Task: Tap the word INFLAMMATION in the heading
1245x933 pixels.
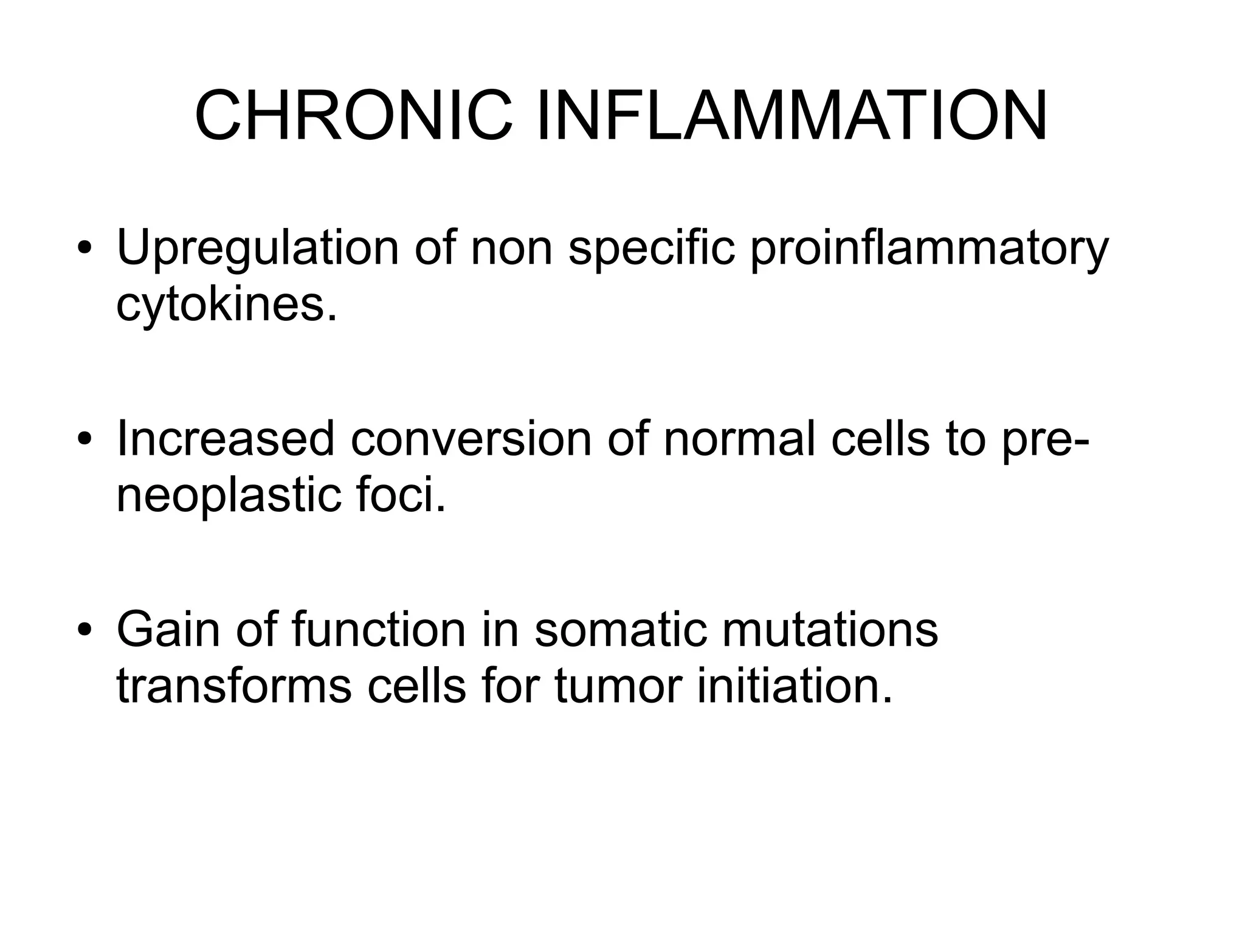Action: tap(792, 115)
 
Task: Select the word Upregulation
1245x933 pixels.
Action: tap(258, 250)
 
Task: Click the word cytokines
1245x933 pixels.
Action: tap(226, 305)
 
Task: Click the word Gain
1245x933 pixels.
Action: tap(168, 630)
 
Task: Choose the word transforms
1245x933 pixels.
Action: tap(233, 685)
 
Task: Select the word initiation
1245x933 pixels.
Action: tap(795, 685)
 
